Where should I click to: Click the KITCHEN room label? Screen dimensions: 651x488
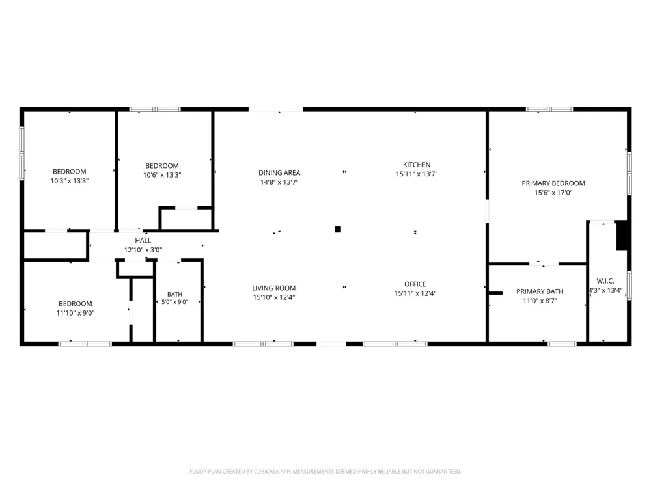coord(417,165)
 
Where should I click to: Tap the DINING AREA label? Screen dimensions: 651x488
coord(279,173)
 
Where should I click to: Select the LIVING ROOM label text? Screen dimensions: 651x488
coord(274,288)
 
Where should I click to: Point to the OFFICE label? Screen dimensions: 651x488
coord(415,284)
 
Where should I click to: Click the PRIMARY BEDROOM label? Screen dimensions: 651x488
coord(553,183)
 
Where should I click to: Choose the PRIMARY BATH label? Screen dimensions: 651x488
coord(540,291)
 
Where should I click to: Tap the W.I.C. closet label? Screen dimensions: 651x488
coord(605,281)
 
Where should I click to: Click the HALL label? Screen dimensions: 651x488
coord(143,241)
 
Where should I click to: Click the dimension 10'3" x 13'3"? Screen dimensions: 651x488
coord(70,181)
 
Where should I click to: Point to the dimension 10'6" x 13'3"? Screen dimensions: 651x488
coord(162,175)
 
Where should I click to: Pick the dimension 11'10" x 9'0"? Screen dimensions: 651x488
coord(75,314)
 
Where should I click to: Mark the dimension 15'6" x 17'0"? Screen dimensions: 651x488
coord(553,193)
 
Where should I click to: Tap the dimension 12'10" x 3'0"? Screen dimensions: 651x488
coord(143,250)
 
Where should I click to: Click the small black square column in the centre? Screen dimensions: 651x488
coord(338,230)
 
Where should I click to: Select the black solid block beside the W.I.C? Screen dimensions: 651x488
coord(622,236)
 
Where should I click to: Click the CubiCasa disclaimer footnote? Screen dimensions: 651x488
coord(325,471)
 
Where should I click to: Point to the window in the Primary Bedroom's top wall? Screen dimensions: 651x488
coord(549,109)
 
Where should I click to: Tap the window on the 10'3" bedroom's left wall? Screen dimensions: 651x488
coord(22,153)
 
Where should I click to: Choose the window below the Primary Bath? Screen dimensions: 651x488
coord(562,344)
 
